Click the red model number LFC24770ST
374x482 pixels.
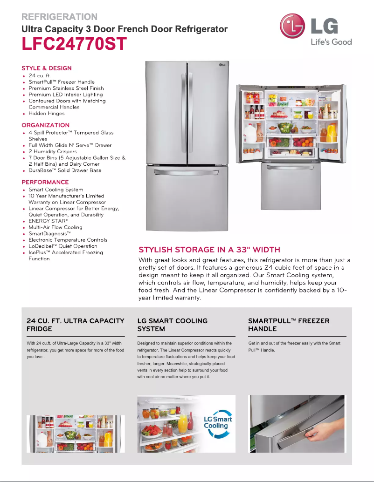tap(74, 45)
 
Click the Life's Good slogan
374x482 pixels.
tap(331, 42)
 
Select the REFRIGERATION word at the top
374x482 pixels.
tap(59, 17)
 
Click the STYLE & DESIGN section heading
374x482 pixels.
tap(47, 68)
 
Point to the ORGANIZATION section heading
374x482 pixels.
tap(45, 125)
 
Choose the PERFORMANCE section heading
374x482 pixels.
tap(45, 182)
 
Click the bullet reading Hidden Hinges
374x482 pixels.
tap(46, 113)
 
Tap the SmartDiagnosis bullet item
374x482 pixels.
tap(49, 234)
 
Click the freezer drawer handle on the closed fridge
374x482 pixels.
tap(187, 173)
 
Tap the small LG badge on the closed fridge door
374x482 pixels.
tap(222, 65)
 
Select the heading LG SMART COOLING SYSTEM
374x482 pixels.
tap(172, 325)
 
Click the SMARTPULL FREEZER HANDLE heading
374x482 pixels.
tap(289, 325)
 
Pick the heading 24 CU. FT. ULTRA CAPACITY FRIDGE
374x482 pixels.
tap(75, 325)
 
